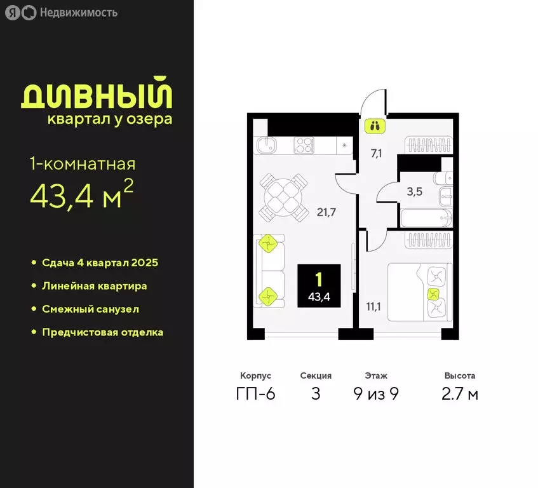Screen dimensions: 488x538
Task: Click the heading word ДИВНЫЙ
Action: (x=97, y=95)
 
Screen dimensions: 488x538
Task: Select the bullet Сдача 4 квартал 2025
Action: (x=100, y=262)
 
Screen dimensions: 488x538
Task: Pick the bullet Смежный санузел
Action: (x=90, y=309)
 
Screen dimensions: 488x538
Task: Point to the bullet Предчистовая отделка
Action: (x=102, y=332)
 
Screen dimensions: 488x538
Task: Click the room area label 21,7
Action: (x=326, y=212)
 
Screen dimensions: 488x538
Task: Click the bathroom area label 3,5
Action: (x=414, y=192)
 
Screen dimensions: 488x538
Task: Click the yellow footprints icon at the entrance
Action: (x=374, y=125)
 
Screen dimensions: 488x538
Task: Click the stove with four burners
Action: (x=304, y=145)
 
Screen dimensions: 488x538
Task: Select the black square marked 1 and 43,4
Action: (x=323, y=286)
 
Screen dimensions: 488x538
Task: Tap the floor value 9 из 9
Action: (x=376, y=394)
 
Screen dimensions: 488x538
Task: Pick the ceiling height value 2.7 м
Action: (x=460, y=394)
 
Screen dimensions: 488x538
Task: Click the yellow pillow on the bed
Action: (x=433, y=294)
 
